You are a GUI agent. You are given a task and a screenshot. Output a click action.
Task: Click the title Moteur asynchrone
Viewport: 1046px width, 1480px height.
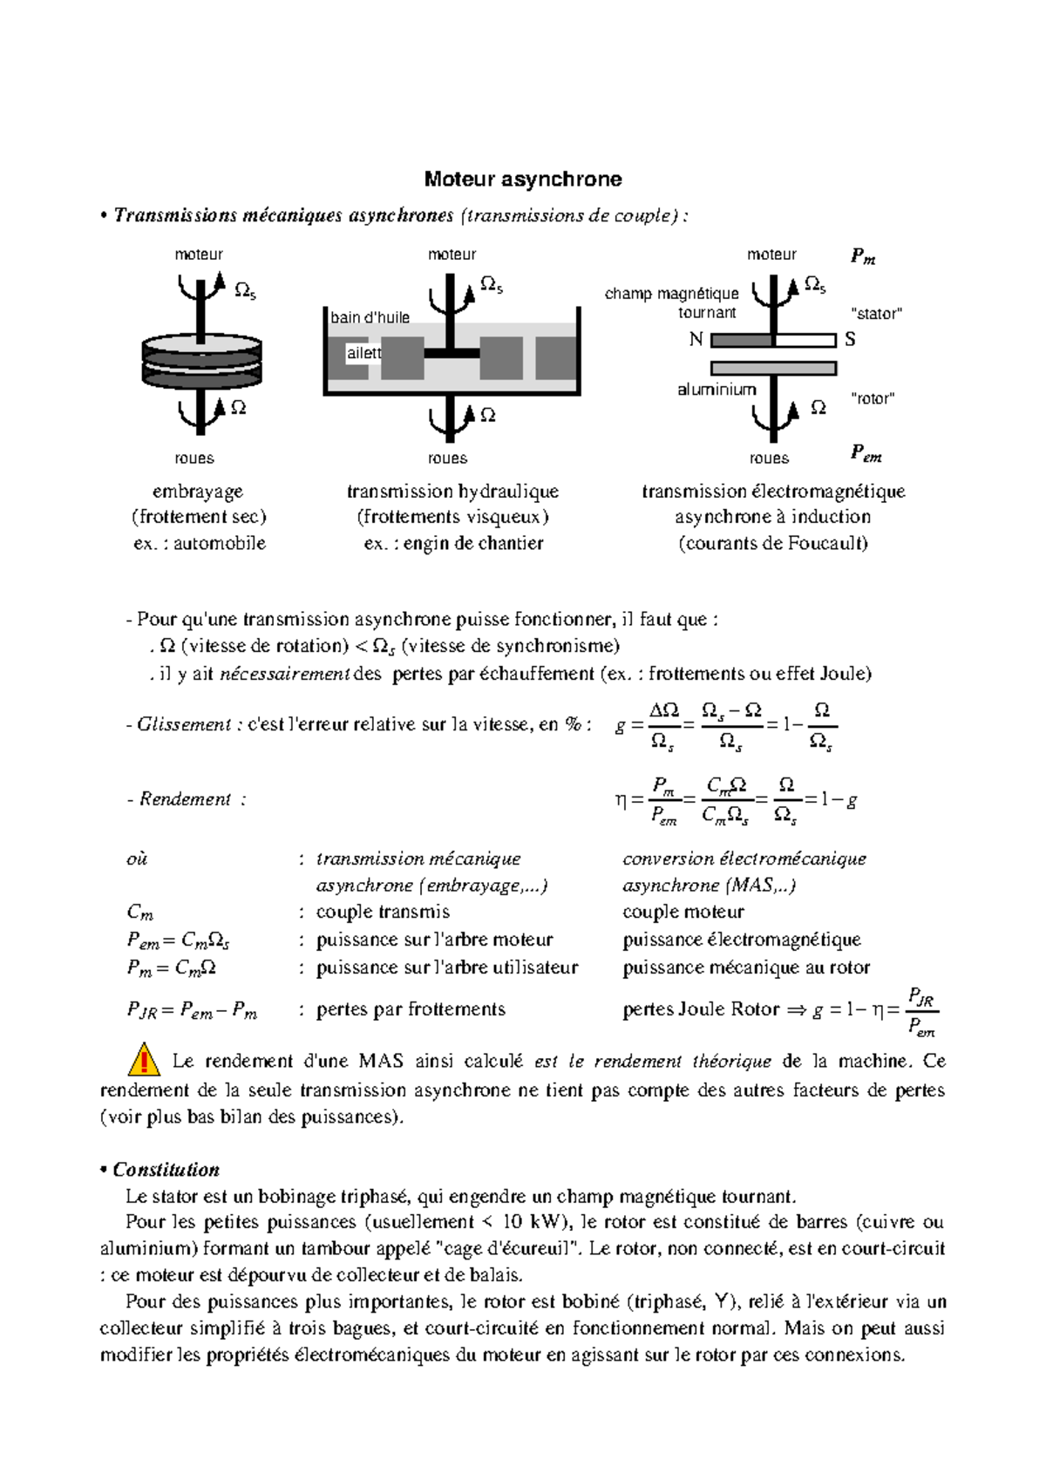523,180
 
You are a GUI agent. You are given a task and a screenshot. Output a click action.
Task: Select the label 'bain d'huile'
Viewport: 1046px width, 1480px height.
370,318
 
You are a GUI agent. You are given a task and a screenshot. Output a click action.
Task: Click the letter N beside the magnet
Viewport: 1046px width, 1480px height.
696,340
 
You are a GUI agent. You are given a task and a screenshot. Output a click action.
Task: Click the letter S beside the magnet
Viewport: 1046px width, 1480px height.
850,340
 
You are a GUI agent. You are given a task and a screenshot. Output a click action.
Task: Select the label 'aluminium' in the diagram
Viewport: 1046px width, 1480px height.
717,390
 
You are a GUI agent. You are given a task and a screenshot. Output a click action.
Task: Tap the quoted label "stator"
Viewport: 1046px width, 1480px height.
875,314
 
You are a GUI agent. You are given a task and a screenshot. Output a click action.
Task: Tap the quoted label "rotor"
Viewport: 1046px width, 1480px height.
872,399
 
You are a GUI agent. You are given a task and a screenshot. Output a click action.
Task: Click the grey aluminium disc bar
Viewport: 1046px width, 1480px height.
773,367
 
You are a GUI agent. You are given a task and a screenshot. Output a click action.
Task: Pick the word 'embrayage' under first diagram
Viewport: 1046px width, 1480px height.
198,492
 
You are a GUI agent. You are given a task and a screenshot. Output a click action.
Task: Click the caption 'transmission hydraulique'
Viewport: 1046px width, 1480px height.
452,492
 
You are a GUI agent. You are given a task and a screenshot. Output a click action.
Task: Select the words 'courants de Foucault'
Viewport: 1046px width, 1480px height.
773,544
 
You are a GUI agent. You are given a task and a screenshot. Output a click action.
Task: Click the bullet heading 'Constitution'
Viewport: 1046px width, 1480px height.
166,1170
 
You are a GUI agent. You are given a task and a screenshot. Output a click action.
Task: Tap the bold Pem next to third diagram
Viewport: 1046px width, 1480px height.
866,453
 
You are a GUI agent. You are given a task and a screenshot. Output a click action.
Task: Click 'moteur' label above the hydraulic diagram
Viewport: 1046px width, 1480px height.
452,255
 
